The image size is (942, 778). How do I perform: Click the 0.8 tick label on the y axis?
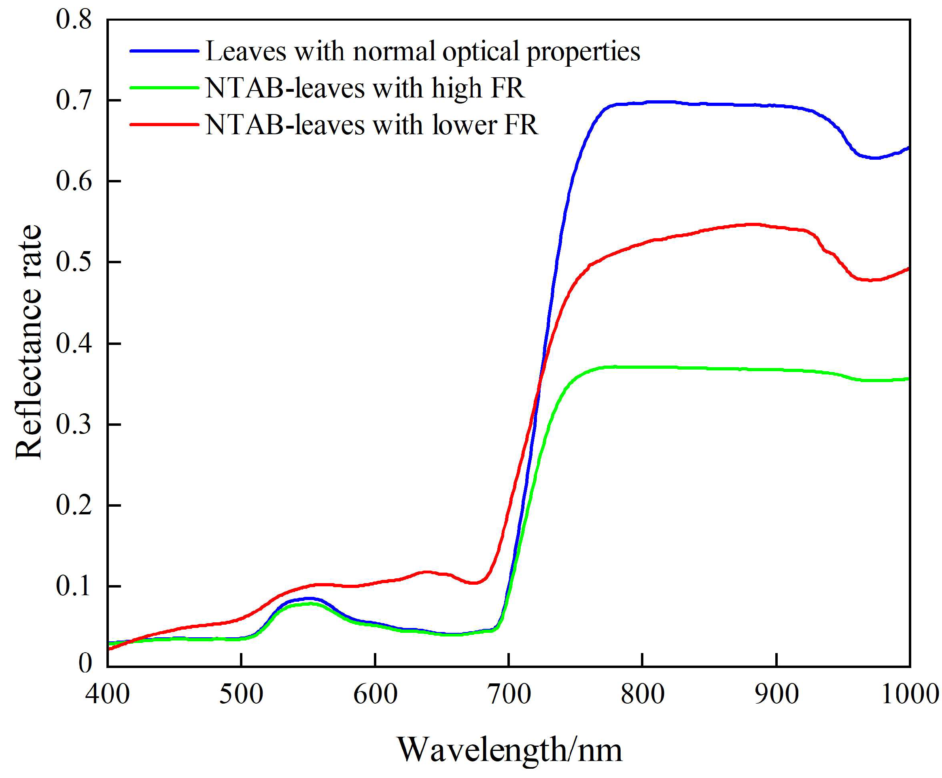pos(74,20)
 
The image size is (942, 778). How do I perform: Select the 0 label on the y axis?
pos(85,663)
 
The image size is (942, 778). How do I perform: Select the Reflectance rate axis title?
pos(29,343)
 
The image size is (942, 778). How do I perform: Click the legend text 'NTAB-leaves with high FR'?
pos(365,88)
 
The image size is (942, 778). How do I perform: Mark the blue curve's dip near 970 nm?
pos(874,158)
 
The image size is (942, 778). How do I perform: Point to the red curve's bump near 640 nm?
pos(426,572)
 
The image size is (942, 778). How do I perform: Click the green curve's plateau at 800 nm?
pos(643,367)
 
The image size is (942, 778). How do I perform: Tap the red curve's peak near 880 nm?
pos(753,224)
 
